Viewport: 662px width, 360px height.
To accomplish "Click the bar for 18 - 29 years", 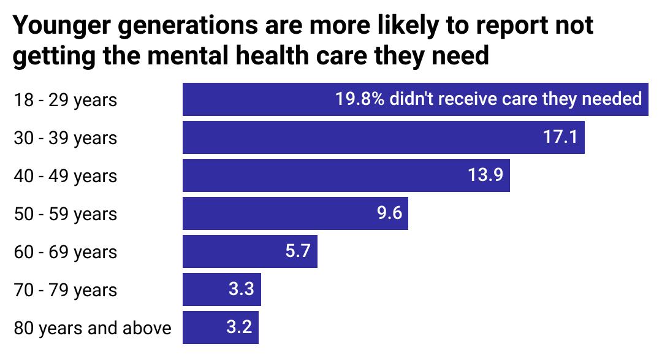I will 257,99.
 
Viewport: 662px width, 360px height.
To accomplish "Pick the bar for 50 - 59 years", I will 276,213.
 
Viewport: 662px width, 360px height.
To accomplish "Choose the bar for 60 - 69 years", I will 233,251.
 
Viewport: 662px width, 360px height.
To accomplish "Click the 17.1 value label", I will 560,137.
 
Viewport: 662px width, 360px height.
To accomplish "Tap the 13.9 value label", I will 485,175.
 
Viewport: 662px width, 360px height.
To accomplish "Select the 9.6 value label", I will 389,213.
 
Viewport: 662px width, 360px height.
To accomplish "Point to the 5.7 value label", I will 299,251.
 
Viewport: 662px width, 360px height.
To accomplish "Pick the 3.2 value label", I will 239,327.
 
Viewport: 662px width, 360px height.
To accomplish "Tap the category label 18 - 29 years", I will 65,100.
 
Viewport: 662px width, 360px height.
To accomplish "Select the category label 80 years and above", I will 93,328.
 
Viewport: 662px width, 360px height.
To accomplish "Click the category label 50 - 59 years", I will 65,214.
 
